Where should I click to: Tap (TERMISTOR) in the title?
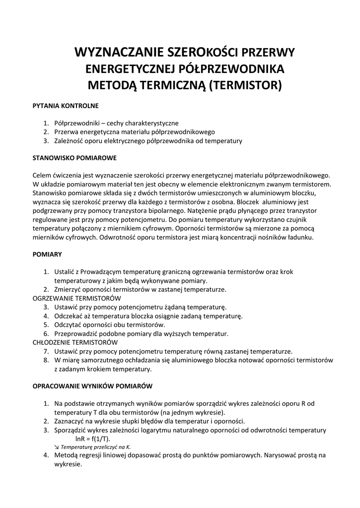[x=245, y=85]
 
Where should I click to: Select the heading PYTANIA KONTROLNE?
[x=66, y=106]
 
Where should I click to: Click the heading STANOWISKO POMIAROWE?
[x=74, y=158]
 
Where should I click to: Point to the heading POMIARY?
[x=47, y=254]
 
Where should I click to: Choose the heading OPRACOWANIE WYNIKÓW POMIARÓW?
[x=92, y=385]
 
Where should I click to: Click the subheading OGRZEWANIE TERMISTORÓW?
[x=77, y=298]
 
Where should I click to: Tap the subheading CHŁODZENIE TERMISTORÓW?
[x=75, y=342]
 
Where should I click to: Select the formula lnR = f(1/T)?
[x=93, y=439]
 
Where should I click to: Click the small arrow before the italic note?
[x=57, y=447]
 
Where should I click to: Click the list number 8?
[x=45, y=360]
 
